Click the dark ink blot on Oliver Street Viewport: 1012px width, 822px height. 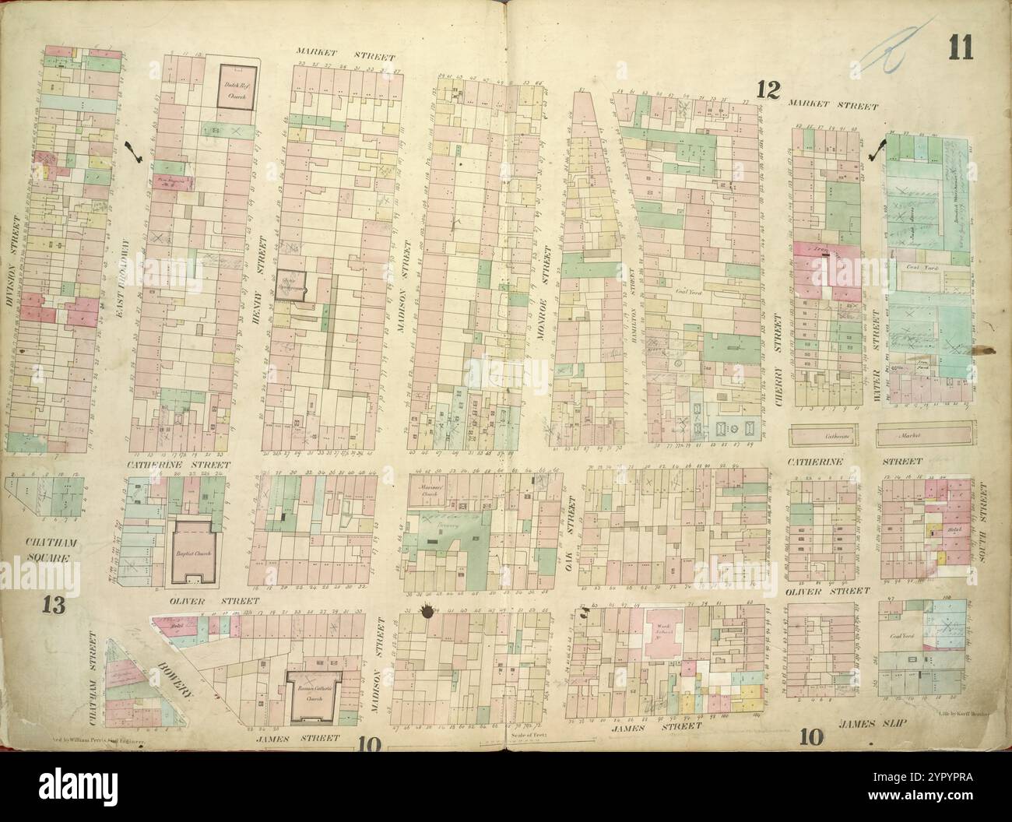coord(426,612)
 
